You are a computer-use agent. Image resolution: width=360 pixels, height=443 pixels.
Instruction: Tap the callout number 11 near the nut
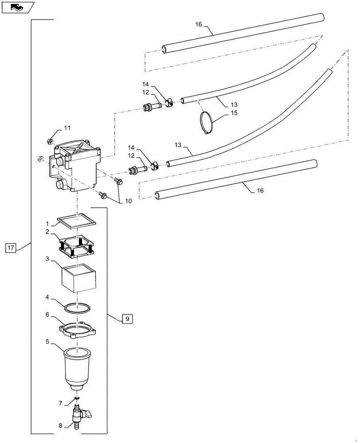click(x=67, y=128)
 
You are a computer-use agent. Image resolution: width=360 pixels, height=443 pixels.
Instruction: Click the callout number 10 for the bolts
click(x=128, y=201)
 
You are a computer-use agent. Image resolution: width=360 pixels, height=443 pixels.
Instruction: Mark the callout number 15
click(x=233, y=113)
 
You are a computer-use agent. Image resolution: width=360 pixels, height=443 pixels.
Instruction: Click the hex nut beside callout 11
click(x=51, y=141)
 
